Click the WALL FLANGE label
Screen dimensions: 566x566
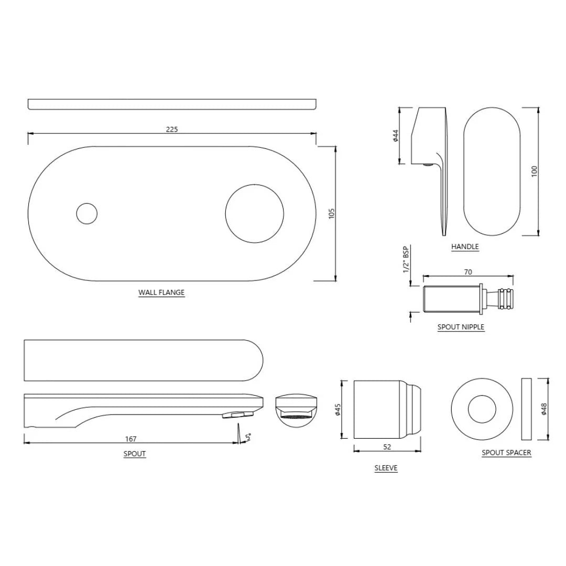coord(161,292)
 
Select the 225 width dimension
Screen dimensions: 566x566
coord(172,129)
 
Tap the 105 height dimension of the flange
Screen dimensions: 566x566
coord(331,213)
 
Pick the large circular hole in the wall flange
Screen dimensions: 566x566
coord(255,213)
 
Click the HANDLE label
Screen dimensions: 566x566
coord(465,246)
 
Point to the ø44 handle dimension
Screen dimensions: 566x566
coord(396,136)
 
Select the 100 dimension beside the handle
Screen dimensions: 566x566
coord(534,171)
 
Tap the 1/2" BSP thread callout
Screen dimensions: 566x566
coord(406,259)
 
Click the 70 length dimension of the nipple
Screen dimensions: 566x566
coord(468,272)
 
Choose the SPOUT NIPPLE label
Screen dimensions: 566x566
coord(461,327)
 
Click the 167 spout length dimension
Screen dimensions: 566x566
coord(130,439)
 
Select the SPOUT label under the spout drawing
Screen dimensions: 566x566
coord(135,454)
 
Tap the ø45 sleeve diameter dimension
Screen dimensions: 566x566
coord(338,409)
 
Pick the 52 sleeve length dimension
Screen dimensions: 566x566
coord(387,447)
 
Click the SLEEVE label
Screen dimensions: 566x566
coord(386,468)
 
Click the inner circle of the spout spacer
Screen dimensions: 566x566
coord(482,409)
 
